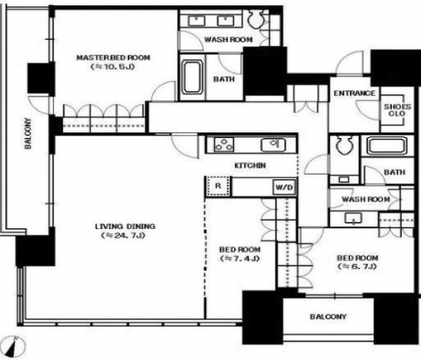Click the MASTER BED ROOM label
pyautogui.click(x=113, y=57)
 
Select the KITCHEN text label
pyautogui.click(x=250, y=165)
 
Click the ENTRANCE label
pyautogui.click(x=354, y=93)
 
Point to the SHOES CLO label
pyautogui.click(x=397, y=110)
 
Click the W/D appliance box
pyautogui.click(x=284, y=187)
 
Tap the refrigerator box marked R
pyautogui.click(x=218, y=186)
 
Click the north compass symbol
pyautogui.click(x=15, y=346)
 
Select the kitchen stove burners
pyautogui.click(x=224, y=144)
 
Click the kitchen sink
pyautogui.click(x=273, y=144)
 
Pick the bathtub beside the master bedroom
pyautogui.click(x=192, y=77)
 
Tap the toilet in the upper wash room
pyautogui.click(x=256, y=19)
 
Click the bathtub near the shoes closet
pyautogui.click(x=387, y=146)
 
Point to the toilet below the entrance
pyautogui.click(x=344, y=145)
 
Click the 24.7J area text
pyautogui.click(x=123, y=236)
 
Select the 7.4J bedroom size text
pyautogui.click(x=240, y=259)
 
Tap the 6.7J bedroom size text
pyautogui.click(x=357, y=267)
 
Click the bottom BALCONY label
pyautogui.click(x=328, y=317)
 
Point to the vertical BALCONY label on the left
pyautogui.click(x=28, y=133)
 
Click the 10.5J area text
pyautogui.click(x=113, y=67)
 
